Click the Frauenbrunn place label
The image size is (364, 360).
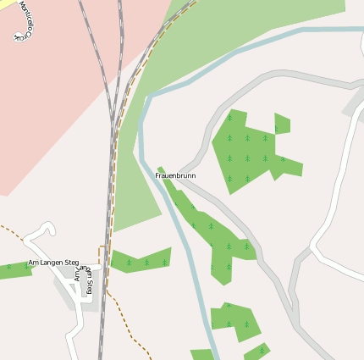(x=175, y=175)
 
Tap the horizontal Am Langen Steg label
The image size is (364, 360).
(x=53, y=263)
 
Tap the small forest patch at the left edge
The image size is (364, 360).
(x=12, y=270)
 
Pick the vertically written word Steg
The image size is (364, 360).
(x=87, y=287)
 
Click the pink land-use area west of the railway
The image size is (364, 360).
(x=51, y=102)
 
